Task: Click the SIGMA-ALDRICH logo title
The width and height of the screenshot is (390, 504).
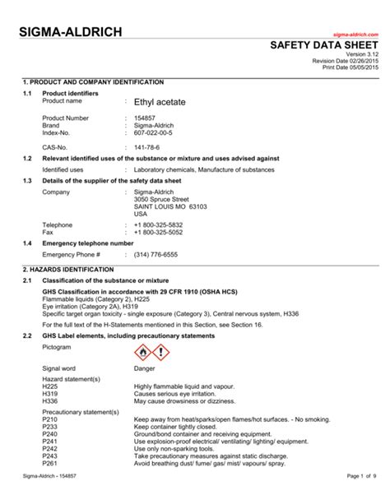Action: [x=73, y=32]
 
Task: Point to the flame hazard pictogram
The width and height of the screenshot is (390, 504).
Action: [x=143, y=354]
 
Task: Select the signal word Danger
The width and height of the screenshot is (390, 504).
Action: [x=145, y=369]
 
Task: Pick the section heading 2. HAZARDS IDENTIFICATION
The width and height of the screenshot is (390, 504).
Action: [x=68, y=270]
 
